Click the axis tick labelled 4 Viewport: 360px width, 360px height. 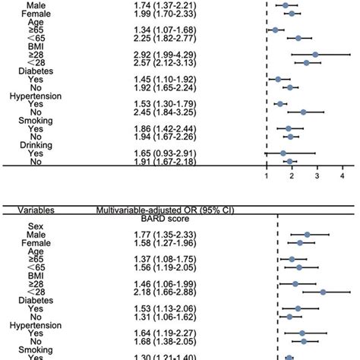[343, 175]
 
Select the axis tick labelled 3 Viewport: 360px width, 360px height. [317, 175]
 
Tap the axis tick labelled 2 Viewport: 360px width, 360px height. [292, 175]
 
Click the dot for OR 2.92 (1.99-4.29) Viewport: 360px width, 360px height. [315, 55]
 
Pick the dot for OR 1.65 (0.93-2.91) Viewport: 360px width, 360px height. [283, 153]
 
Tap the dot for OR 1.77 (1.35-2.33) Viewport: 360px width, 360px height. [308, 235]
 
